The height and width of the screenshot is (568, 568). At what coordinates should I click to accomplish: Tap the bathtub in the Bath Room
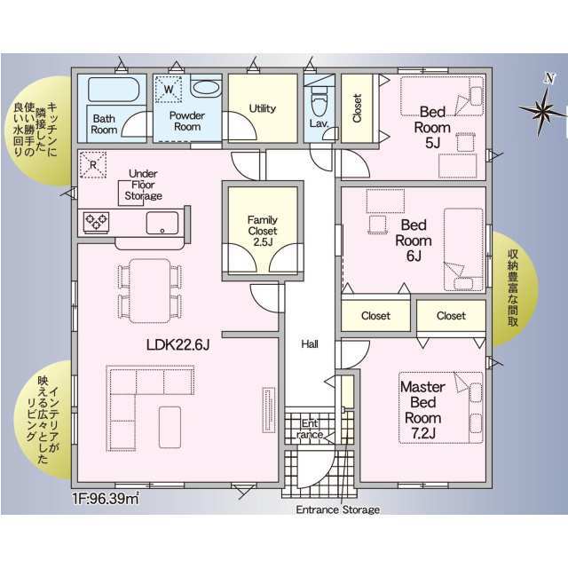[114, 89]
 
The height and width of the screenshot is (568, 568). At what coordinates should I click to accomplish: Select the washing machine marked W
[169, 89]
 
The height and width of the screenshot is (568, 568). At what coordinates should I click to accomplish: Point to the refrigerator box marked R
[93, 165]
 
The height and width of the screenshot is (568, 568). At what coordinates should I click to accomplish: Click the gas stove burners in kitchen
[97, 222]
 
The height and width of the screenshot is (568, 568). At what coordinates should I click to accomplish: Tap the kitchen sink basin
[162, 223]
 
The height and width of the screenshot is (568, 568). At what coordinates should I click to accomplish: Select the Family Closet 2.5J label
[263, 231]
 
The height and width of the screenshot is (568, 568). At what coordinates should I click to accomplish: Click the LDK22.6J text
[177, 344]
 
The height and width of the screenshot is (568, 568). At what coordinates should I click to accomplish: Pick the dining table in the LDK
[150, 290]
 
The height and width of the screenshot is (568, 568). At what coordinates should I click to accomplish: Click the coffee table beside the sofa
[170, 427]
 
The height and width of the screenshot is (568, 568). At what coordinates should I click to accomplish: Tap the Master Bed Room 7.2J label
[422, 410]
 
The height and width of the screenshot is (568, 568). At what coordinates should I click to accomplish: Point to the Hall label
[310, 343]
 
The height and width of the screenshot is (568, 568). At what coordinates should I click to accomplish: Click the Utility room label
[263, 108]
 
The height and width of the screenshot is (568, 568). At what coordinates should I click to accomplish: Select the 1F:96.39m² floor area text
[106, 499]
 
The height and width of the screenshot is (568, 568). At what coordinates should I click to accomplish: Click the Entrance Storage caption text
[338, 509]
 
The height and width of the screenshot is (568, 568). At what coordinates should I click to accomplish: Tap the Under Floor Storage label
[144, 185]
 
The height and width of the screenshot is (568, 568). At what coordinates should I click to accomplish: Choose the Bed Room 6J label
[414, 241]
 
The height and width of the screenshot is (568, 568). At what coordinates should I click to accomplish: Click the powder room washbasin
[206, 87]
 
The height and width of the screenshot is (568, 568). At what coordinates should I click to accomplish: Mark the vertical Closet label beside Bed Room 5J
[357, 108]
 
